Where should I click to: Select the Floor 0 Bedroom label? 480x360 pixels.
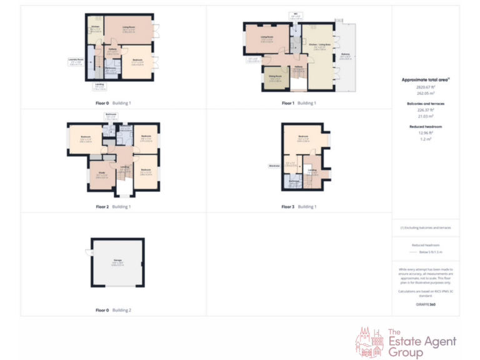[137, 60]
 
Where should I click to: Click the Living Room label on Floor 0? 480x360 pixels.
[129, 27]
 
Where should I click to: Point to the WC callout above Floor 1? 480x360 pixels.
[295, 13]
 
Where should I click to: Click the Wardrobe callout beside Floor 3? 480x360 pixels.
[273, 166]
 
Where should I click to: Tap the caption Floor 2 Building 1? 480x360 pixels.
[113, 206]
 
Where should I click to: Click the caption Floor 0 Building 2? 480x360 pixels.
[113, 310]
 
